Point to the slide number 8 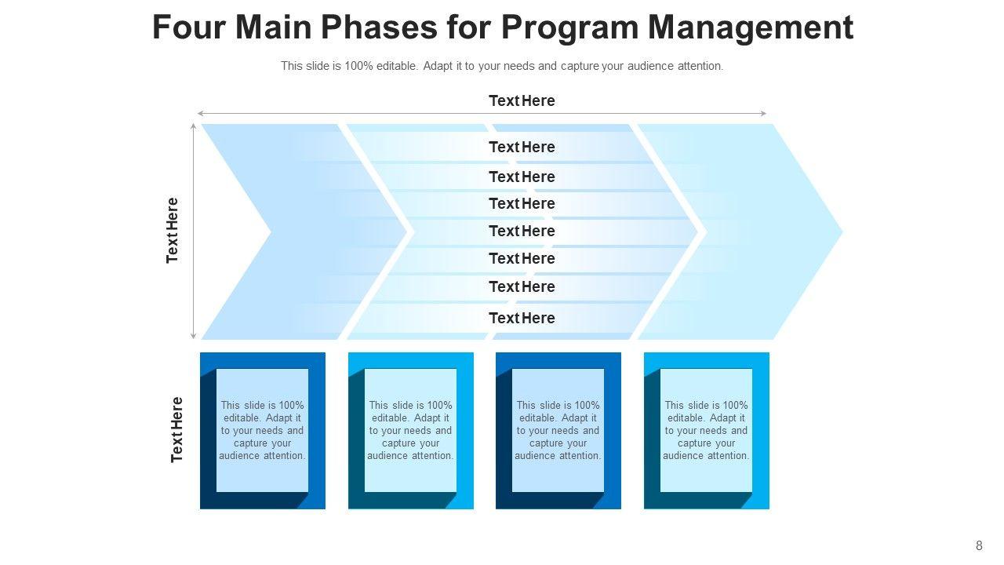[979, 546]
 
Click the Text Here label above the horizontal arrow [522, 100]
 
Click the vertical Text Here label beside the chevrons [173, 230]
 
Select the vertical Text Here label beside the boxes [176, 429]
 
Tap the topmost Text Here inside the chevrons [522, 147]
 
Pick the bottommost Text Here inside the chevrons [522, 318]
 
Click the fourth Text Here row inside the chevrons [522, 231]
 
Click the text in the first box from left [262, 430]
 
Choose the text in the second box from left [410, 430]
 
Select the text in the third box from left [558, 430]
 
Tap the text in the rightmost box [706, 430]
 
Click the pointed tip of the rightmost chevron [841, 231]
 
